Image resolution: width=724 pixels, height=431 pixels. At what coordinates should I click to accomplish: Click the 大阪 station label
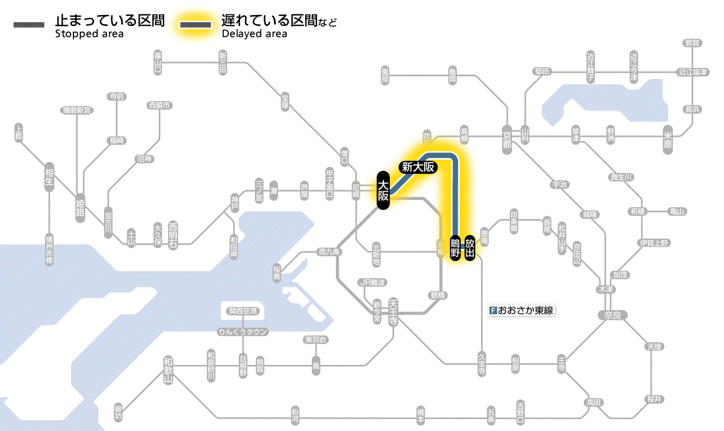click(x=383, y=191)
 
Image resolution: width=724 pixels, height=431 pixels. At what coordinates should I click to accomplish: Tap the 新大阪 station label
click(x=418, y=167)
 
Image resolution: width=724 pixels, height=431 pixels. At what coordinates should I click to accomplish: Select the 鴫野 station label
click(x=455, y=248)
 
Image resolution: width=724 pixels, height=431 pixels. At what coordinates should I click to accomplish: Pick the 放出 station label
click(x=470, y=248)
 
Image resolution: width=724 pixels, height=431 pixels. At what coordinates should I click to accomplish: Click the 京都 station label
click(x=507, y=137)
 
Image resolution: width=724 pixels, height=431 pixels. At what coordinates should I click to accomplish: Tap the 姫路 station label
click(x=80, y=207)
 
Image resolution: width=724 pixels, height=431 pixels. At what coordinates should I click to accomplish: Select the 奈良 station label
click(x=612, y=315)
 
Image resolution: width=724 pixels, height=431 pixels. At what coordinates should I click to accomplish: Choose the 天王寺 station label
click(x=393, y=312)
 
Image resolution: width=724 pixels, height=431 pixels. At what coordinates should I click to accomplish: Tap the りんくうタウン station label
click(x=243, y=332)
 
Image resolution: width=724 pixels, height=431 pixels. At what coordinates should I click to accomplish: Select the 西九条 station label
click(x=329, y=252)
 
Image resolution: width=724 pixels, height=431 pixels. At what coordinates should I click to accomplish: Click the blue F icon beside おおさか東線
click(x=493, y=311)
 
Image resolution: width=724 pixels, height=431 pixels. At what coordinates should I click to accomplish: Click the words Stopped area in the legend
click(x=89, y=34)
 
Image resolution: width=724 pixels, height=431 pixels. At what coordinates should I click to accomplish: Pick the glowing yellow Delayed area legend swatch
click(x=195, y=25)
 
